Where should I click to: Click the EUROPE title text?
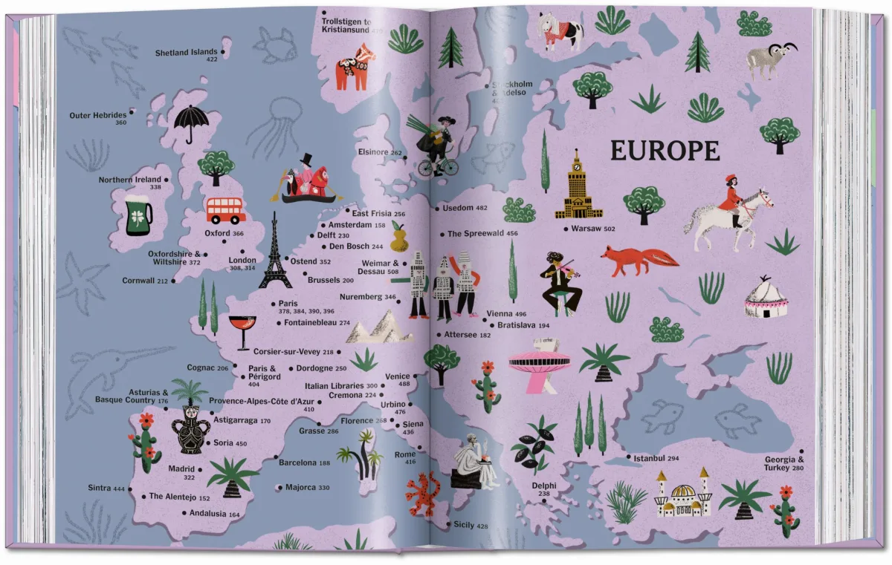(665, 151)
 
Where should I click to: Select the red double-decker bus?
(226, 210)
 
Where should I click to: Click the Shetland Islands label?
(186, 53)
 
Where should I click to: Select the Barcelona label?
(304, 463)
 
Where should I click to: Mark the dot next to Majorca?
(279, 488)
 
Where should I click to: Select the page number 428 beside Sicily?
(482, 526)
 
